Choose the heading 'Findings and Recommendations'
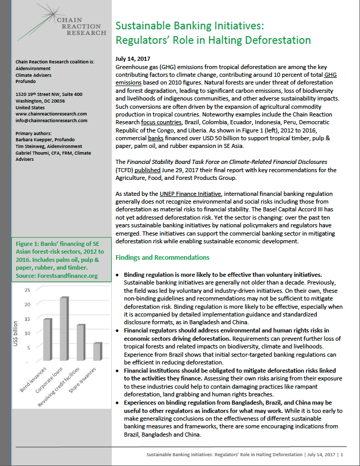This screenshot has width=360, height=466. [162, 257]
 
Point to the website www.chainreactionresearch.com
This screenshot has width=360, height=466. [51, 114]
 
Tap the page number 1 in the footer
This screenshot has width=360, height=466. [342, 455]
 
